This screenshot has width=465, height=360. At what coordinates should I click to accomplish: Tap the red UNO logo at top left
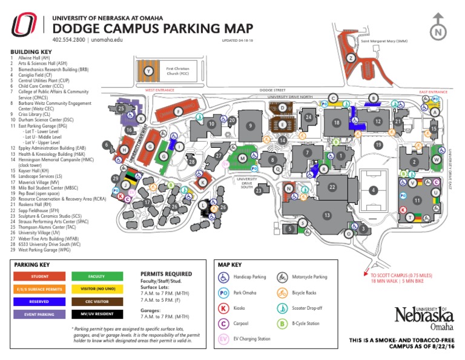pyautogui.click(x=25, y=25)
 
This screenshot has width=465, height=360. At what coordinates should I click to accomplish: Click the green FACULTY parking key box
pyautogui.click(x=97, y=276)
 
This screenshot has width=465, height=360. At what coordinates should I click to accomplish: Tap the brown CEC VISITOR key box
pyautogui.click(x=97, y=301)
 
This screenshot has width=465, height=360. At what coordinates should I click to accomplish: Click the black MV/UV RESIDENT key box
pyautogui.click(x=97, y=314)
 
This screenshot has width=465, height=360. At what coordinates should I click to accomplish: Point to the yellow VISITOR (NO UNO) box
pyautogui.click(x=97, y=288)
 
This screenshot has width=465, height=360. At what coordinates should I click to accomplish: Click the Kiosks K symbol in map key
pyautogui.click(x=223, y=308)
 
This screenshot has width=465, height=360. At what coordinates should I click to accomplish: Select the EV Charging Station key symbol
pyautogui.click(x=223, y=339)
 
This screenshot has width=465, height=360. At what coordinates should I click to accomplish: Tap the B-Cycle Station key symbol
pyautogui.click(x=282, y=324)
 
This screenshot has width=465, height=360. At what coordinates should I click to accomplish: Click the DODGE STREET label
pyautogui.click(x=272, y=90)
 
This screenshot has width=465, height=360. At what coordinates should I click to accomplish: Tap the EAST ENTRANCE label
pyautogui.click(x=433, y=92)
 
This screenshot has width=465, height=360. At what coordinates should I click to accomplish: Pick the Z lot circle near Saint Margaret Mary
pyautogui.click(x=350, y=58)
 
